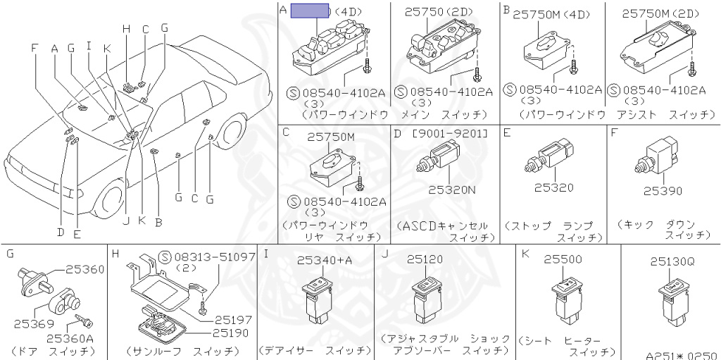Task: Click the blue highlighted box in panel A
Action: pos(311,10)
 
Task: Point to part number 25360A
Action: pos(70,338)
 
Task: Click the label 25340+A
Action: pos(324,261)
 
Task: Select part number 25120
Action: pos(425,260)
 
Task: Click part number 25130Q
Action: pos(672,261)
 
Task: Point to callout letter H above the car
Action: pos(127,29)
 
